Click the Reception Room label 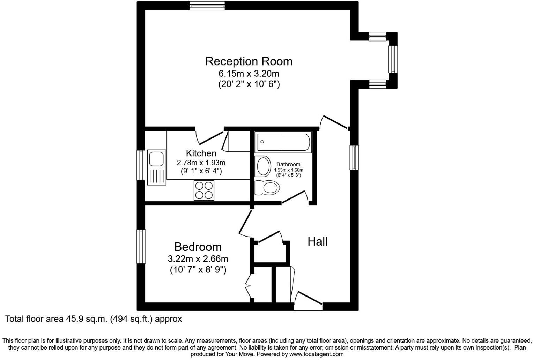coord(249,61)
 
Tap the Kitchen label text coord(201,153)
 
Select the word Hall coord(317,241)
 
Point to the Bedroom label coord(198,247)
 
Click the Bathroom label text coord(288,164)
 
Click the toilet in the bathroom coord(267,188)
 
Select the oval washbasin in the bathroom coord(264,166)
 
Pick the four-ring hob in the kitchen coord(204,190)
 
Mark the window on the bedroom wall coord(141,246)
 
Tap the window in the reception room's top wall coord(207,6)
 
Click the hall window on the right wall coord(354,158)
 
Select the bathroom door coord(295,197)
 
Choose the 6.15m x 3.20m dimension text coord(249,74)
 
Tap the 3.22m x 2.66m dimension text coord(198,259)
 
